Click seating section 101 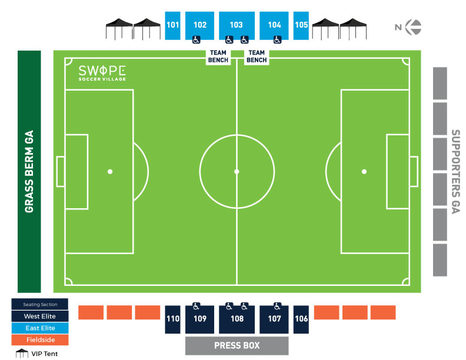[x=172, y=25]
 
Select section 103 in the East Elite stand [x=237, y=25]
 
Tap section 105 [x=301, y=25]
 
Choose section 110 [x=172, y=319]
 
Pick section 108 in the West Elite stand [x=237, y=319]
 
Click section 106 [x=301, y=319]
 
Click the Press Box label [x=237, y=345]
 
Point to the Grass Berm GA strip [x=29, y=171]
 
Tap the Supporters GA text [x=455, y=171]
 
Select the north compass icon [x=415, y=26]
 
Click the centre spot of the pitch [x=237, y=172]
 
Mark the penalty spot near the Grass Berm [x=109, y=172]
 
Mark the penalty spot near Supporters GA [x=364, y=172]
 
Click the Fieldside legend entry [x=40, y=340]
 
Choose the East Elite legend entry [x=40, y=328]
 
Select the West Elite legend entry [x=40, y=316]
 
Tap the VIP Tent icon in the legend [x=22, y=354]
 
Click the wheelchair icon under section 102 [x=197, y=39]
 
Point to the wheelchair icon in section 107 [x=277, y=306]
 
